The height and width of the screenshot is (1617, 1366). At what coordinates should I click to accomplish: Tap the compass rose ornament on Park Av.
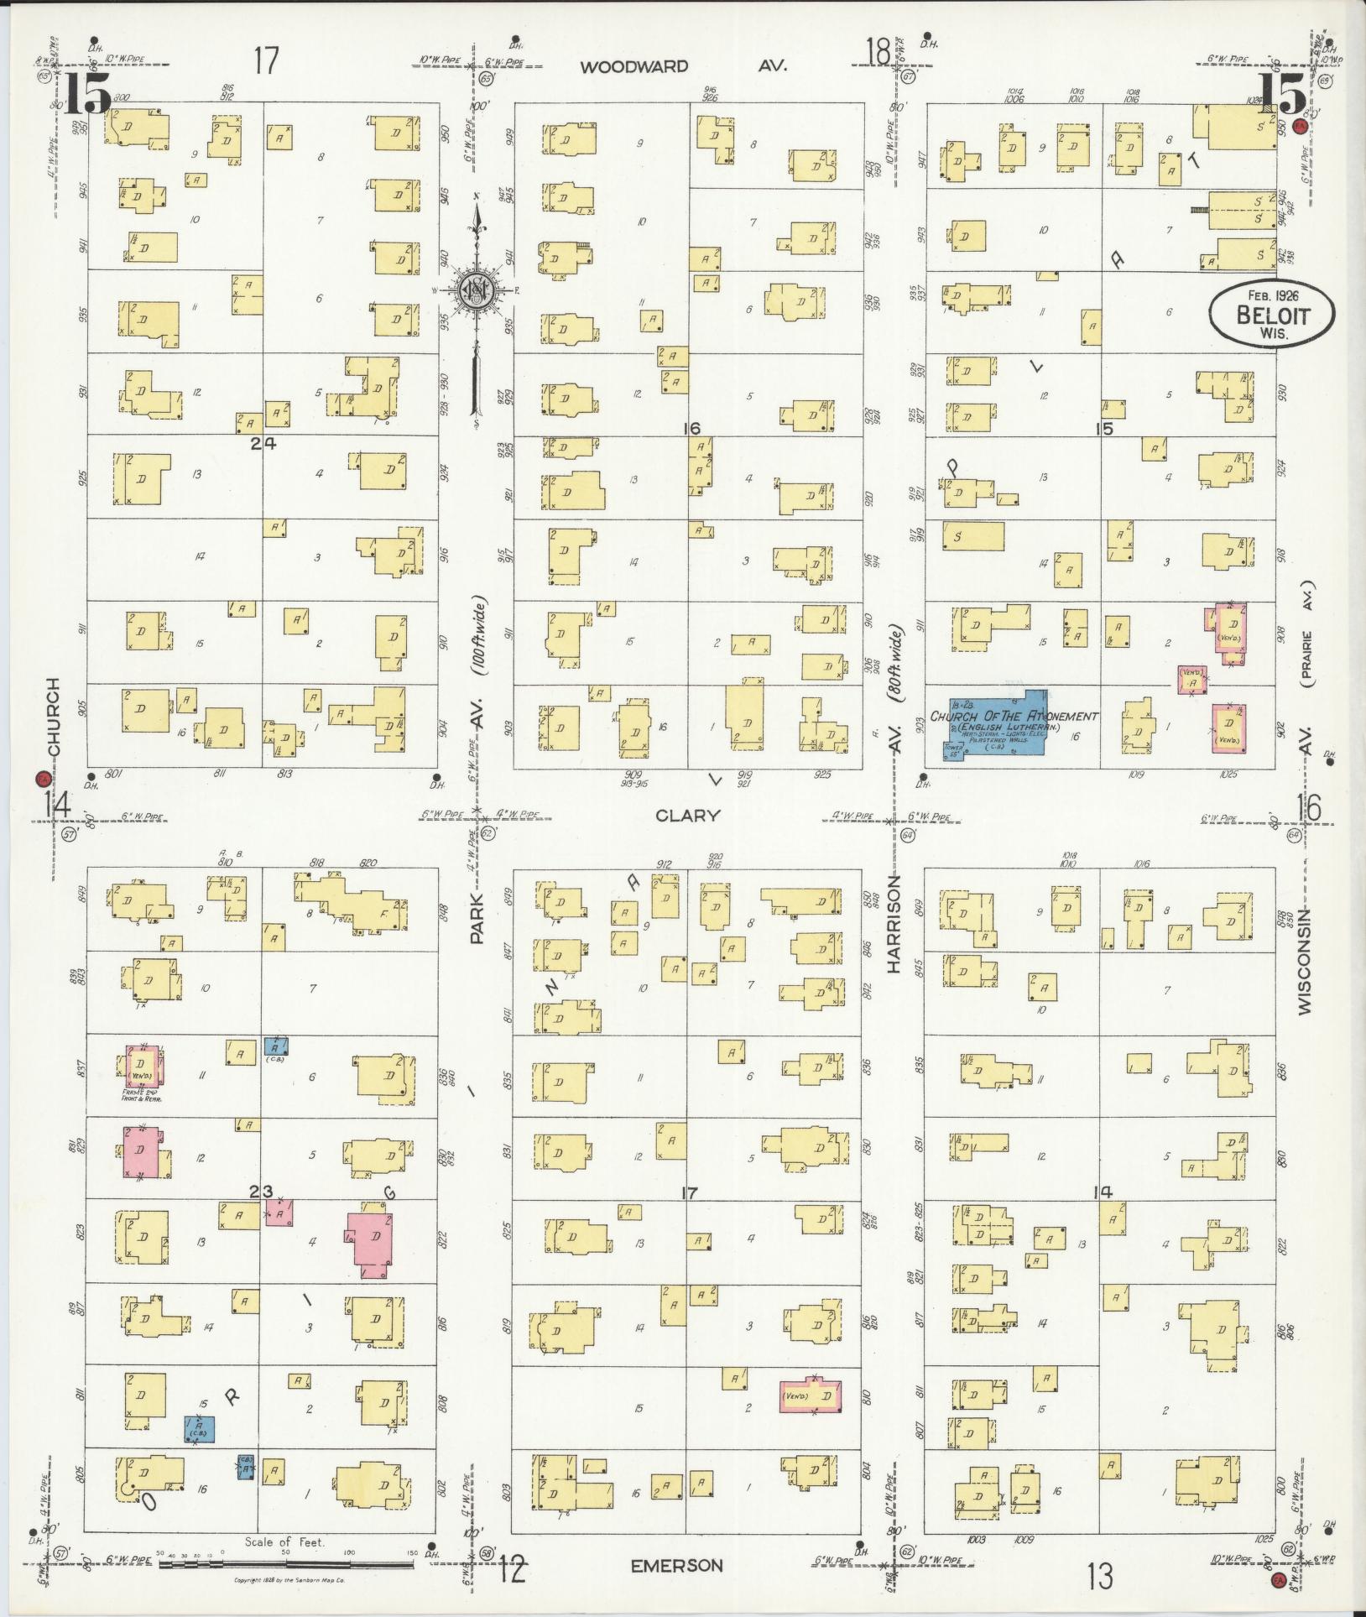tap(476, 289)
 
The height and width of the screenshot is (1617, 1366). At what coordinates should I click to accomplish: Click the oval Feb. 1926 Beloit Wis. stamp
tap(1270, 314)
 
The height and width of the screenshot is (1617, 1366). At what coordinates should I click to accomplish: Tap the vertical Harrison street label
tap(894, 923)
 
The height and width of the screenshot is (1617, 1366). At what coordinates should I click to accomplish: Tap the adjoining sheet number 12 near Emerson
tap(513, 1565)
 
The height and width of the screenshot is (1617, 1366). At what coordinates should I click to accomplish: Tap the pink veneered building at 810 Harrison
tap(811, 1395)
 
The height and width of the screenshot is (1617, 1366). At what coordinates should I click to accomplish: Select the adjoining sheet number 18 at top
tap(878, 54)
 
